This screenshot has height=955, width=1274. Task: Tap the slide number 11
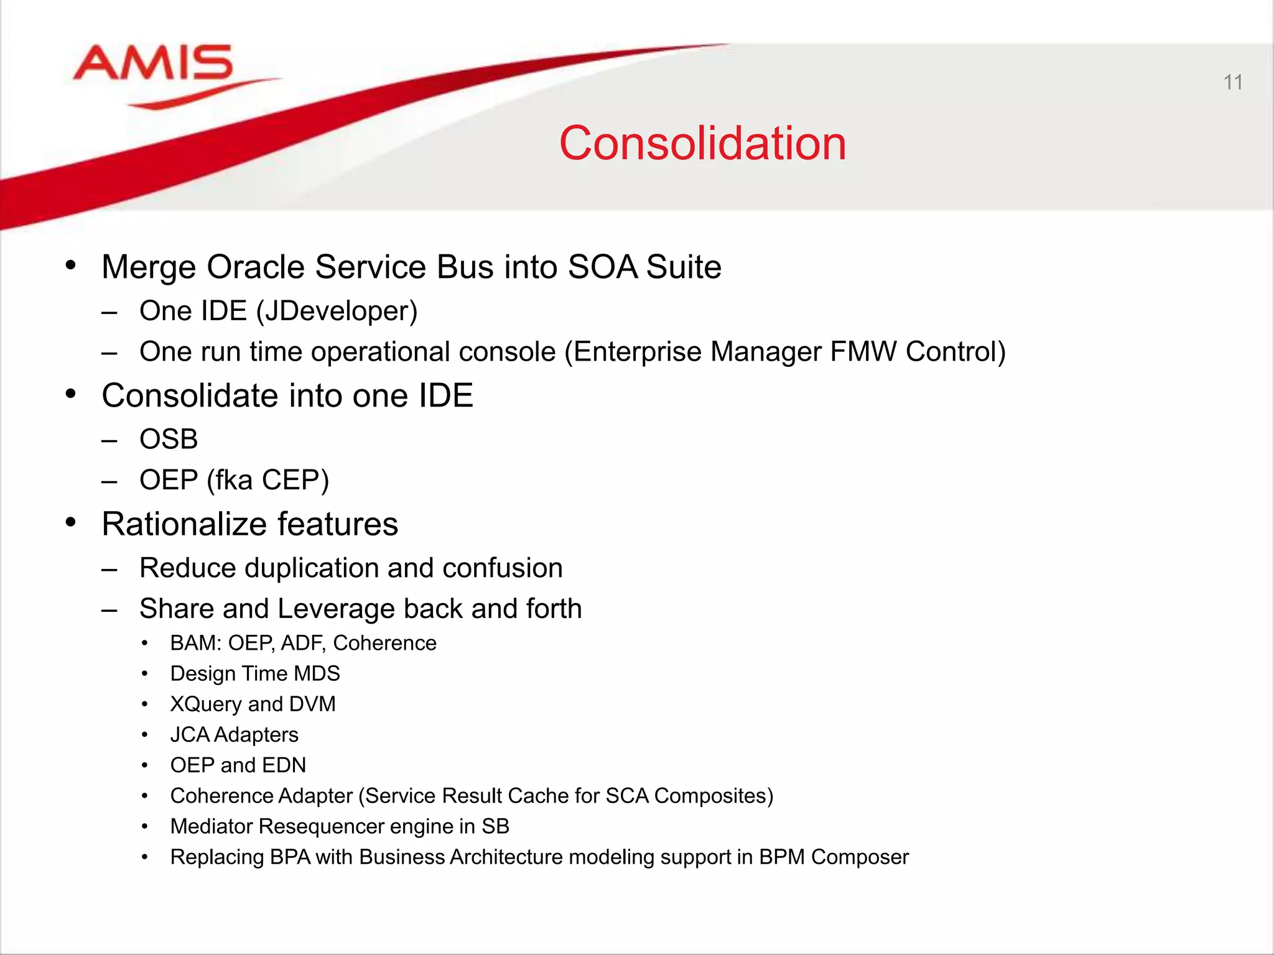pyautogui.click(x=1232, y=82)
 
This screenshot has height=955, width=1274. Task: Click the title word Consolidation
pyautogui.click(x=702, y=144)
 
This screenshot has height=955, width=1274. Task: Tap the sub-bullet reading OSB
pyautogui.click(x=169, y=440)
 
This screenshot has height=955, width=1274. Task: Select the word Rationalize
pyautogui.click(x=184, y=524)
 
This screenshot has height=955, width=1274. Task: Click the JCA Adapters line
pyautogui.click(x=235, y=735)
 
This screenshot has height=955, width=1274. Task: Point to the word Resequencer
pyautogui.click(x=322, y=826)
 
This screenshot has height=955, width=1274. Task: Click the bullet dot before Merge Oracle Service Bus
pyautogui.click(x=71, y=265)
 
